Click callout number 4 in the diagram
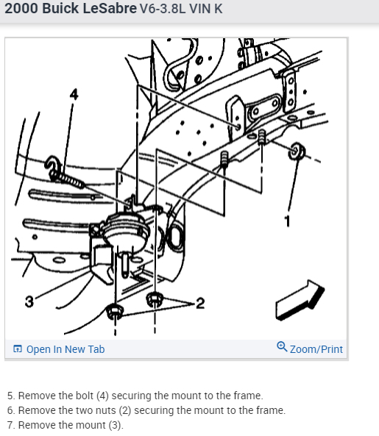coord(74,94)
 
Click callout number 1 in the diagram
coord(288,221)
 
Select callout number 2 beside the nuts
coord(200,303)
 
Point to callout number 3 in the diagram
coord(29,301)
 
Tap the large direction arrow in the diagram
coord(300,300)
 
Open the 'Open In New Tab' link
coord(65,349)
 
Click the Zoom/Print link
coord(316,349)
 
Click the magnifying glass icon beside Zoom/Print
coord(282,347)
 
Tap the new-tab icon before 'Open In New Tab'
coord(18,349)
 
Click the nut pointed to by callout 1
coord(296,151)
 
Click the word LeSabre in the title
coord(110,8)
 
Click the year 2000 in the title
coord(21,8)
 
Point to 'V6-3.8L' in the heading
coord(163,9)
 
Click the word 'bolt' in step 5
coord(85,396)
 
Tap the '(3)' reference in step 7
coord(116,425)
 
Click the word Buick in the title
coord(60,8)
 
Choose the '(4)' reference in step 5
coord(102,396)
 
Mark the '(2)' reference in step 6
coord(125,410)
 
